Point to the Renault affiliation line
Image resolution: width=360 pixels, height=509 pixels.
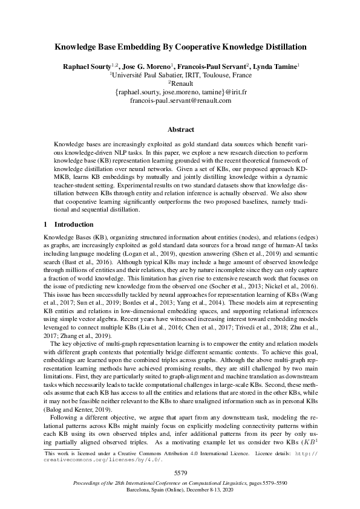coord(181,83)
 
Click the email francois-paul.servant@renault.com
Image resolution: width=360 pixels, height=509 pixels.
coord(180,100)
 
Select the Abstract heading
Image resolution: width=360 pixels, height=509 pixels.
coord(180,129)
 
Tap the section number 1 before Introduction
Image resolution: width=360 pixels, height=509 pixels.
coord(46,225)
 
